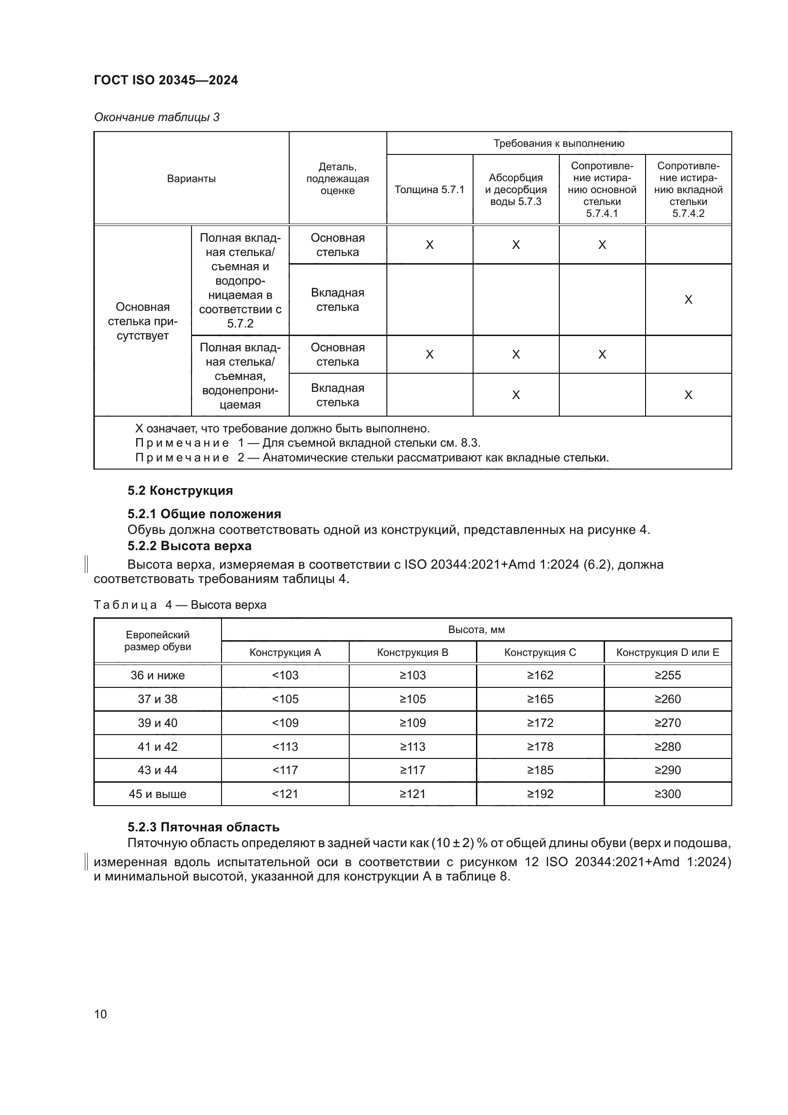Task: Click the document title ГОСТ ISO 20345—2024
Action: click(x=165, y=80)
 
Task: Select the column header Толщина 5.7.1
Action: click(x=429, y=189)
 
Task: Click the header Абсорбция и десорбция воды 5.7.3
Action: click(x=515, y=189)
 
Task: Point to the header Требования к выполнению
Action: click(x=558, y=143)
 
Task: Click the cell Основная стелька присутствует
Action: click(x=142, y=321)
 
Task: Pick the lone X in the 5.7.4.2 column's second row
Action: click(x=688, y=300)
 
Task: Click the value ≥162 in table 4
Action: click(x=540, y=675)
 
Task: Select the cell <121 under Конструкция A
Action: click(x=285, y=794)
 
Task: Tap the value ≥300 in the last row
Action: click(x=667, y=794)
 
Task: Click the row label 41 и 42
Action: click(x=157, y=747)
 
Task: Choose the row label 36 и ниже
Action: click(x=157, y=675)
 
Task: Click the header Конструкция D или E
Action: click(x=667, y=652)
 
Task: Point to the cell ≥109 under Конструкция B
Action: click(x=413, y=723)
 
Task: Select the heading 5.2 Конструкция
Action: click(x=180, y=491)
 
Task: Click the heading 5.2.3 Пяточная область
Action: click(x=203, y=827)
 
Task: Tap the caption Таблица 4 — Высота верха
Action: click(x=180, y=605)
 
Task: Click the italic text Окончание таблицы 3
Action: click(x=157, y=117)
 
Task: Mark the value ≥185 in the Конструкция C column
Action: click(x=540, y=770)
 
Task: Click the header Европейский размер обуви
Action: click(x=157, y=641)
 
